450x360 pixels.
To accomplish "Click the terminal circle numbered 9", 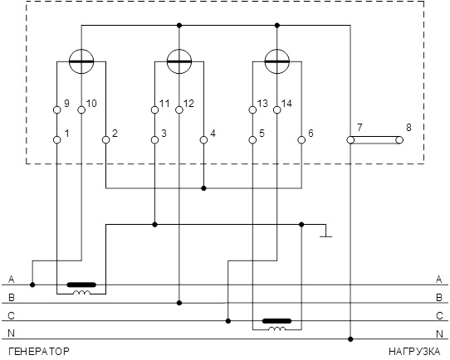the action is point(57,109).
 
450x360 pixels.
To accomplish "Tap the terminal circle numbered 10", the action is point(81,109).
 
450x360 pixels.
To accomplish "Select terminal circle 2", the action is point(106,140).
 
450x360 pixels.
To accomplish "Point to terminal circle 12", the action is point(179,109).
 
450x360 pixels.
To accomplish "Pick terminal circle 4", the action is point(203,140).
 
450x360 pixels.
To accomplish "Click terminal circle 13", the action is point(252,109).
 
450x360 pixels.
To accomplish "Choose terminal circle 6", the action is point(301,140).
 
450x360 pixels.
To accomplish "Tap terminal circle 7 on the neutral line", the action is point(350,140).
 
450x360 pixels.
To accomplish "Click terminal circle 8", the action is point(399,140).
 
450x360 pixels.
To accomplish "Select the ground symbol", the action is point(325,231).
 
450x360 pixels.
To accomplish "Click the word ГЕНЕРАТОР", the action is point(39,351).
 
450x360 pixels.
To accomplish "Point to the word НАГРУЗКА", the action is point(414,351).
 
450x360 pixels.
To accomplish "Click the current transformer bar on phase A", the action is point(81,285).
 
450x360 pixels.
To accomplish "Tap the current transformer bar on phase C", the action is point(277,321).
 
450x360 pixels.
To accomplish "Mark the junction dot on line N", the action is point(350,339).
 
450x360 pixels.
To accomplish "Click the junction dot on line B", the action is point(179,303).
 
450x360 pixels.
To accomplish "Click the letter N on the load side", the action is point(439,334).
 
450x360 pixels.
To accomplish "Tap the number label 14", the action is point(286,104).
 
